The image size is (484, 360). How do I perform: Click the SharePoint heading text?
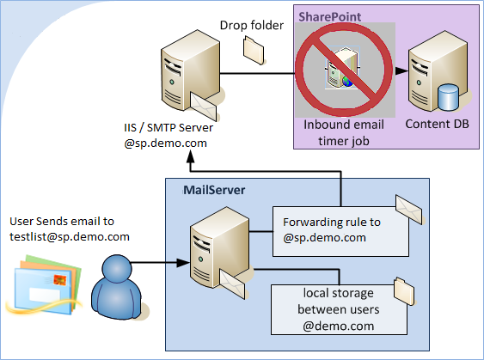click(x=329, y=16)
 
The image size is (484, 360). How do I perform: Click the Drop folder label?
click(x=251, y=26)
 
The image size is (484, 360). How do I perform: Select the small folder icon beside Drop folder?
click(x=254, y=52)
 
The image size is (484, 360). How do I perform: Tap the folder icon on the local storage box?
click(x=402, y=286)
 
